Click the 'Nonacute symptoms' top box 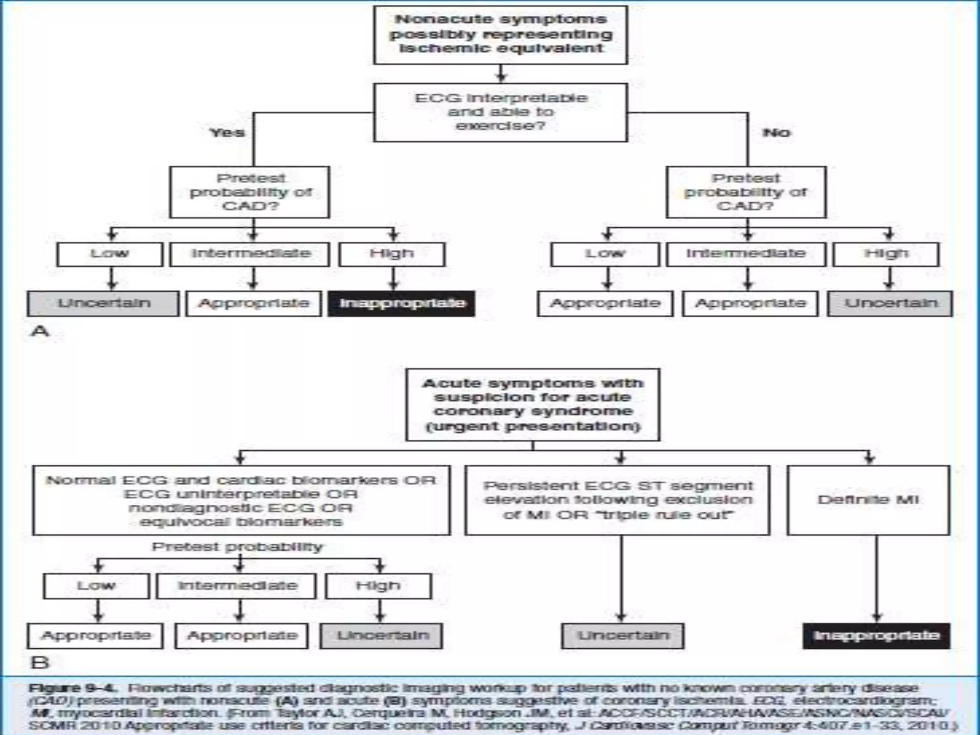(501, 34)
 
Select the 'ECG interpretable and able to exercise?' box (501, 112)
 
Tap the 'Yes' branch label (227, 132)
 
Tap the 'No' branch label (776, 132)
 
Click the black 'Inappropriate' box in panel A (401, 303)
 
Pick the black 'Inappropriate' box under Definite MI (876, 635)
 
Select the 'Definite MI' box (868, 500)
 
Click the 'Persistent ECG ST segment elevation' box (617, 500)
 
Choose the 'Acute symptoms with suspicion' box (533, 405)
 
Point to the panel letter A (40, 331)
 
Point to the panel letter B (40, 663)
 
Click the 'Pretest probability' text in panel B (237, 546)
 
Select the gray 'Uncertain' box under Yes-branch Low (103, 303)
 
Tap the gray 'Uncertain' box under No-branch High (890, 303)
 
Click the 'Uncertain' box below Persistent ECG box (623, 635)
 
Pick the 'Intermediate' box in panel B (237, 586)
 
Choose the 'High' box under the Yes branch (391, 254)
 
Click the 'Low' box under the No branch (605, 254)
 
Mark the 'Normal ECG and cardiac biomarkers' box (241, 500)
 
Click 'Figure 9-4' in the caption (72, 689)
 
